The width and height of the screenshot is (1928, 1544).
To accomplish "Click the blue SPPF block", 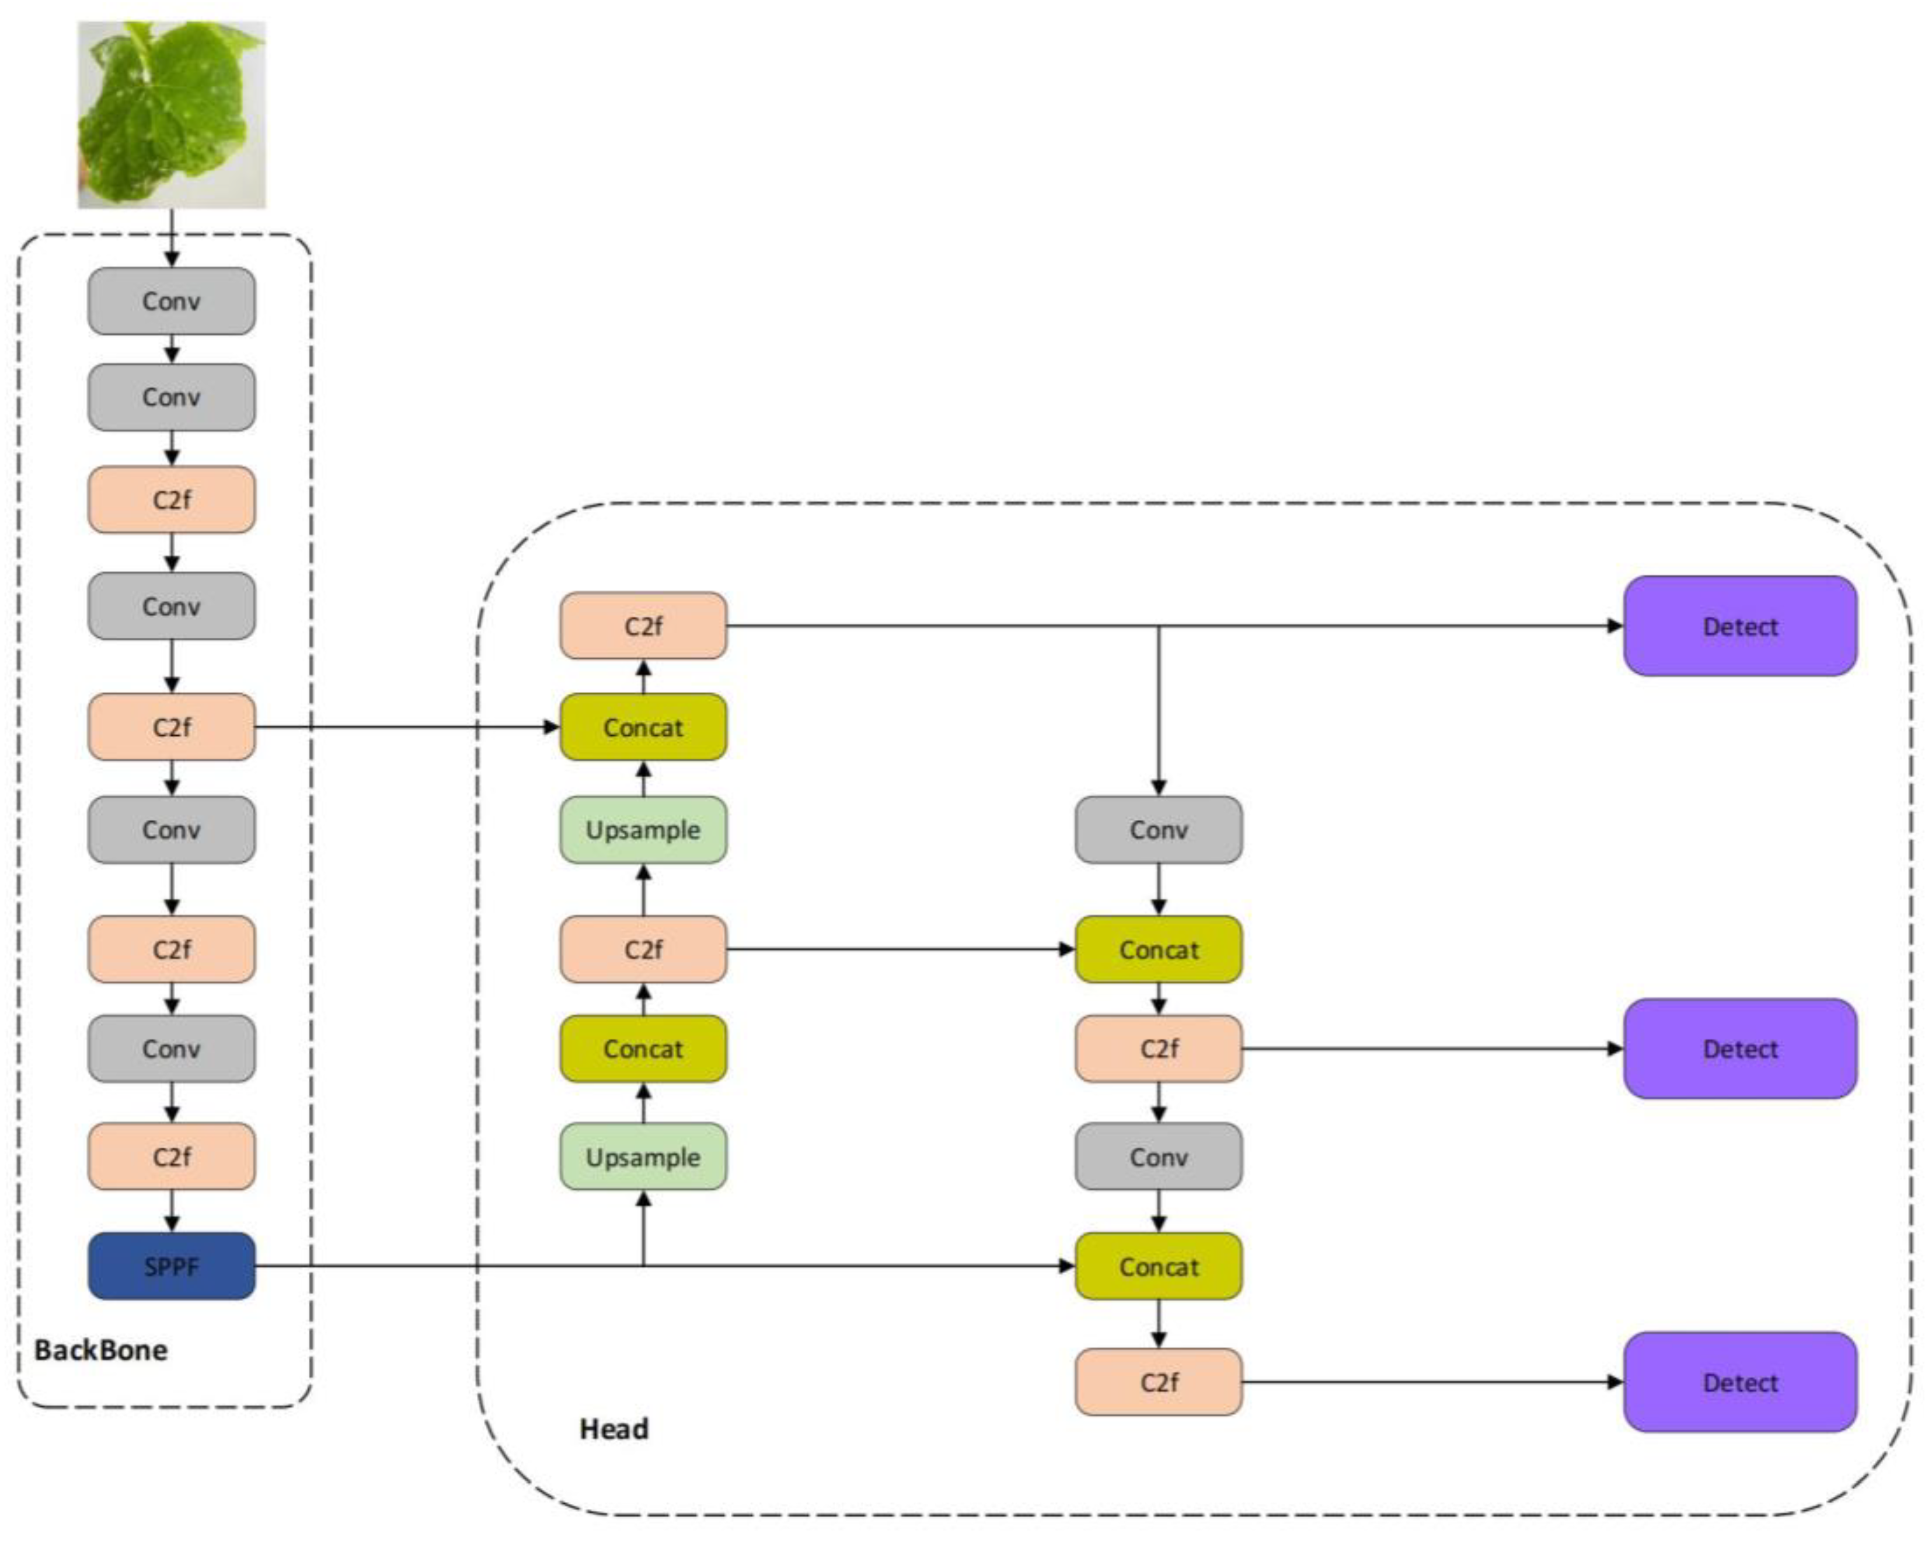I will click(x=171, y=1266).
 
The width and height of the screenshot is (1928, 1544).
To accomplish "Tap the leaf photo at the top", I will click(x=171, y=114).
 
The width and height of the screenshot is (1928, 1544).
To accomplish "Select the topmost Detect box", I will click(x=1739, y=626).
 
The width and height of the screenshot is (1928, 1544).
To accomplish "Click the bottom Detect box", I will click(x=1739, y=1382).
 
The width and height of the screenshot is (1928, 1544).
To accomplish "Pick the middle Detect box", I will click(x=1739, y=1049).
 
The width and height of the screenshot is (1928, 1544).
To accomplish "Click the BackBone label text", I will click(x=100, y=1350).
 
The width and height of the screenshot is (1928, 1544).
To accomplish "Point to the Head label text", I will click(x=613, y=1428).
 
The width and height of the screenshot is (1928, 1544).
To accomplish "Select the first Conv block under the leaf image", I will click(x=171, y=301).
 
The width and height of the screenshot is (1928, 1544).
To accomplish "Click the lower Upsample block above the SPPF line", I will click(x=643, y=1157).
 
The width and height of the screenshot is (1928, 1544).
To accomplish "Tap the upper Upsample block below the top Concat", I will click(x=643, y=830).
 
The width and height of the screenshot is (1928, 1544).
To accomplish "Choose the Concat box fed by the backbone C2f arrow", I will click(x=643, y=727).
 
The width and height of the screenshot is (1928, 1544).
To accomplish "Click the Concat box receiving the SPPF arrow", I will click(x=1158, y=1266).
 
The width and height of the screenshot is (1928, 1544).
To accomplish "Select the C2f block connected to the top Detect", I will click(x=643, y=626).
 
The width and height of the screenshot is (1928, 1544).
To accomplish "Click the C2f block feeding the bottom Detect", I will click(x=1158, y=1382).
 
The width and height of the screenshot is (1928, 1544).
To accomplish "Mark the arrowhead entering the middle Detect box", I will click(x=1615, y=1049).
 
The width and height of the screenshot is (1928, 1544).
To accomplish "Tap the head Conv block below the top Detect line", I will click(x=1158, y=830).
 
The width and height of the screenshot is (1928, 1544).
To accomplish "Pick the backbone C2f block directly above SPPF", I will click(x=171, y=1157).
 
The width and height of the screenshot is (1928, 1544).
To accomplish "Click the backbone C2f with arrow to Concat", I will click(x=171, y=727).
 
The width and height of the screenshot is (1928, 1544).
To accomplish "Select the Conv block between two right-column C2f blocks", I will click(x=1158, y=1157).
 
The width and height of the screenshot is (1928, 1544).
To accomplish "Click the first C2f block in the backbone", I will click(x=171, y=499).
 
